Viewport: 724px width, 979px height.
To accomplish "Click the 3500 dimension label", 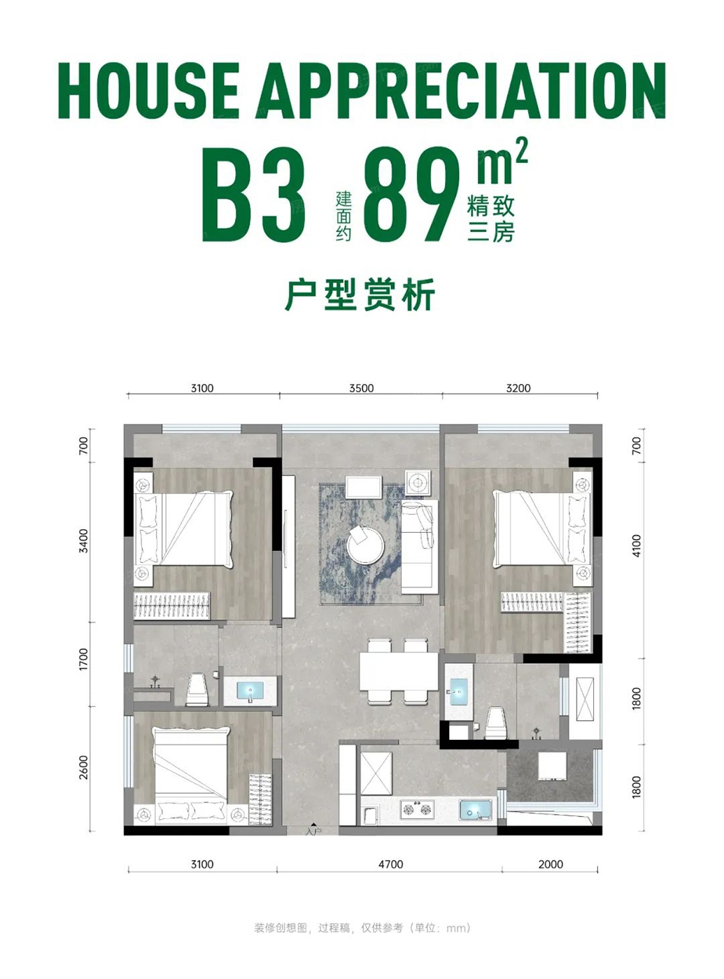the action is pyautogui.click(x=361, y=388).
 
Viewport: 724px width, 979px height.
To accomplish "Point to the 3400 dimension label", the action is pyautogui.click(x=83, y=541).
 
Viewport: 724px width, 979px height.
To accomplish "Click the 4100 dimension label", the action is pyautogui.click(x=636, y=545).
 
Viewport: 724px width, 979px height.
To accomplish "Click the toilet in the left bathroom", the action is pyautogui.click(x=197, y=688).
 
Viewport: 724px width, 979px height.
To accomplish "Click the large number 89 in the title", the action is pyautogui.click(x=411, y=194).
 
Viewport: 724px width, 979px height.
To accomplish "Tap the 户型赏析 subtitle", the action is pyautogui.click(x=360, y=294).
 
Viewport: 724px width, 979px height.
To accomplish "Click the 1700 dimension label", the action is pyautogui.click(x=83, y=661).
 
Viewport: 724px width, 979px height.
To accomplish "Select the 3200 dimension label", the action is pyautogui.click(x=518, y=388).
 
